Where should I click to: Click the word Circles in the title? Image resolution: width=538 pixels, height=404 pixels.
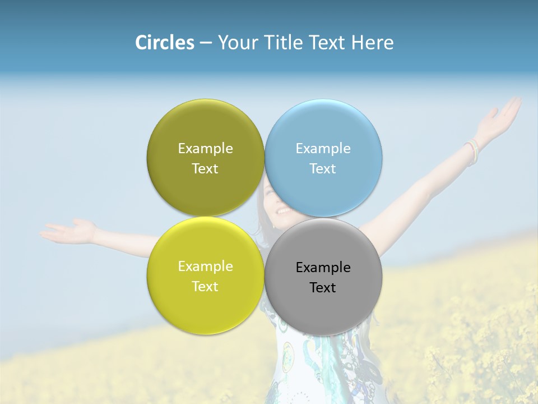click(164, 43)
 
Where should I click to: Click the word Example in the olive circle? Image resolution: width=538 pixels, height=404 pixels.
click(205, 149)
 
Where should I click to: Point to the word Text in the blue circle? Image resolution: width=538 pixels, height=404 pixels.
click(323, 169)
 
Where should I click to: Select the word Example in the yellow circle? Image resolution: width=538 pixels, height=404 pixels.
click(205, 267)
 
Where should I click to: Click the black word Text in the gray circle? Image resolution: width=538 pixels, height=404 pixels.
click(323, 288)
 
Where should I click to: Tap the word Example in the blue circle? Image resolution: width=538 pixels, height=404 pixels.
click(323, 149)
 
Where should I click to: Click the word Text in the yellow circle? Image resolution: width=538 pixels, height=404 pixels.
click(205, 287)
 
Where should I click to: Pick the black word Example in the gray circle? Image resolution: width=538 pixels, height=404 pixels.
click(323, 268)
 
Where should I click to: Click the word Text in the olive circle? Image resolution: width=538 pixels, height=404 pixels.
click(205, 169)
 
